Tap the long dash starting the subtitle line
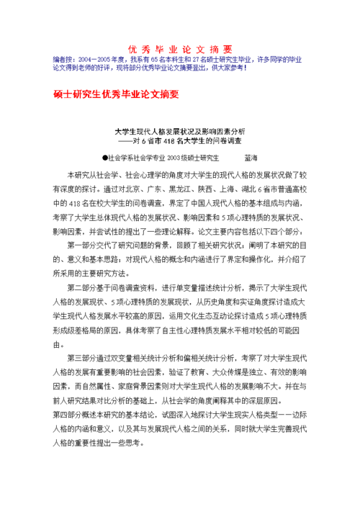(128, 142)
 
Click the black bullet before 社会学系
(105, 156)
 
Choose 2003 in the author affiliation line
(178, 156)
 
